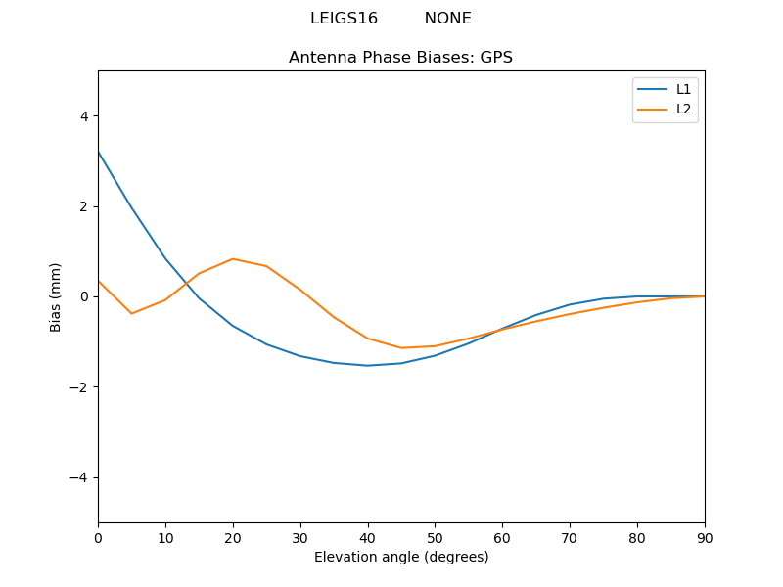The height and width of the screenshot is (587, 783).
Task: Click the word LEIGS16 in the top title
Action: click(x=344, y=19)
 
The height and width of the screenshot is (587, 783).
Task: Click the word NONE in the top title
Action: click(x=447, y=19)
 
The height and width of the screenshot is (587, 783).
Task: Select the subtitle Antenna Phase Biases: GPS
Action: click(x=400, y=58)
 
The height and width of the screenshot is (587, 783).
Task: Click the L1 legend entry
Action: click(x=683, y=89)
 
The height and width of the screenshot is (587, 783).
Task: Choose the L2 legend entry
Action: click(x=683, y=109)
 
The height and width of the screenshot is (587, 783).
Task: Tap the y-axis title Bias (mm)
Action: click(x=56, y=296)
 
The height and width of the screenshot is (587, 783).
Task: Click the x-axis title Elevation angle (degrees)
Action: click(x=400, y=557)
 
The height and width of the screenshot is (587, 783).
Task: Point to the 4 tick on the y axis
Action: click(x=83, y=116)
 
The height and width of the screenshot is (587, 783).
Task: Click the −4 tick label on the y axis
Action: click(x=79, y=477)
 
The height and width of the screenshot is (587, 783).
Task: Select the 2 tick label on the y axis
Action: click(x=83, y=206)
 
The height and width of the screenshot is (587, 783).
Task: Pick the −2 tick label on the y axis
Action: click(x=79, y=387)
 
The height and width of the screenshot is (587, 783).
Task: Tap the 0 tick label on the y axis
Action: click(x=83, y=296)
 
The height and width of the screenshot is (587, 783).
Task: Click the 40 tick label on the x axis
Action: click(x=367, y=537)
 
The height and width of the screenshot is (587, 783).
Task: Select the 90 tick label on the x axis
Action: click(x=704, y=537)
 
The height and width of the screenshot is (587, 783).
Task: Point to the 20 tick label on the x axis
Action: click(x=233, y=537)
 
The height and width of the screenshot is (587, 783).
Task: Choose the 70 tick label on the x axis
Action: click(x=570, y=537)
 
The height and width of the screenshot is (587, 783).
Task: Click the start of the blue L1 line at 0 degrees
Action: click(x=99, y=152)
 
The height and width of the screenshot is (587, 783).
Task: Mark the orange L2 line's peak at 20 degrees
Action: click(x=233, y=259)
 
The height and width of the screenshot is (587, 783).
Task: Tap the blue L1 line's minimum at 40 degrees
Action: click(x=367, y=366)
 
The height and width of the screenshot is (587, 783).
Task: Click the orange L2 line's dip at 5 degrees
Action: click(x=132, y=313)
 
